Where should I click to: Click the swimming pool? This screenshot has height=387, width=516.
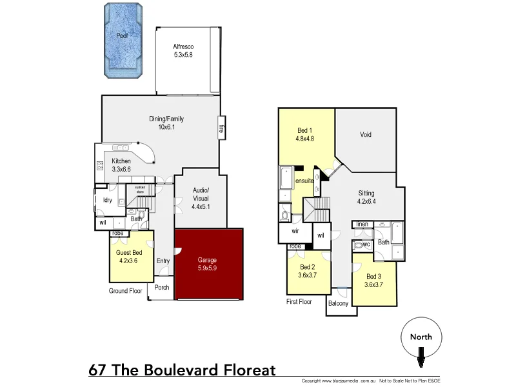pyautogui.click(x=122, y=42)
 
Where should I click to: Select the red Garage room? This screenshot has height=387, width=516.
pyautogui.click(x=208, y=264)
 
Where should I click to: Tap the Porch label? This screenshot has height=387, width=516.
pyautogui.click(x=161, y=288)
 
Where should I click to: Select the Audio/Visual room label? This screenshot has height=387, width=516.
pyautogui.click(x=200, y=194)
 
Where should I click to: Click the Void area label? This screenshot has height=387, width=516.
pyautogui.click(x=366, y=135)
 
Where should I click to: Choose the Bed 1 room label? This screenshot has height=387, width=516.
pyautogui.click(x=305, y=134)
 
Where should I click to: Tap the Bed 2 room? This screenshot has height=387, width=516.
pyautogui.click(x=308, y=271)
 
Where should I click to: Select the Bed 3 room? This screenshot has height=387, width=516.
pyautogui.click(x=373, y=281)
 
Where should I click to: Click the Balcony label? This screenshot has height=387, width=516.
pyautogui.click(x=339, y=304)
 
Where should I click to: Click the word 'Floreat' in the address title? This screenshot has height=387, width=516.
pyautogui.click(x=244, y=370)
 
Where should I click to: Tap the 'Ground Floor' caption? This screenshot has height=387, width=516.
pyautogui.click(x=125, y=291)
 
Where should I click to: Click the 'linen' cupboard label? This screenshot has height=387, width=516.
pyautogui.click(x=361, y=224)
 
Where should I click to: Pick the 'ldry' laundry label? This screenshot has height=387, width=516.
pyautogui.click(x=108, y=200)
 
